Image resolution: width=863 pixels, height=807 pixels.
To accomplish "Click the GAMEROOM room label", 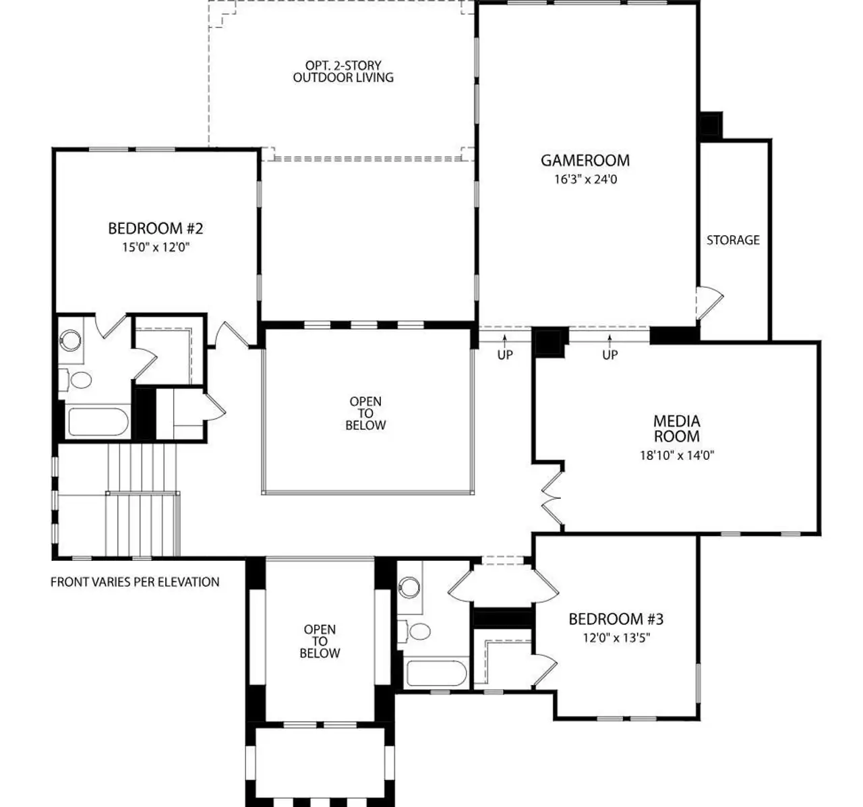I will pyautogui.click(x=585, y=160).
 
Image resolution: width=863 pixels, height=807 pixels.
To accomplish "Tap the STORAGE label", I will pyautogui.click(x=733, y=240).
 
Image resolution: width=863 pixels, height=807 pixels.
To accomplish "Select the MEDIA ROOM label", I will pyautogui.click(x=676, y=429).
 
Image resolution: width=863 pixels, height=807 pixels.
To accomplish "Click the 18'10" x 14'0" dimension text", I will pyautogui.click(x=676, y=455).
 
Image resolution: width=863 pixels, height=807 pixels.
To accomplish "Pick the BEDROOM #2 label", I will pyautogui.click(x=155, y=229).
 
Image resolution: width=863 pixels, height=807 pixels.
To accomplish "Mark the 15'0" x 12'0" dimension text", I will pyautogui.click(x=155, y=247).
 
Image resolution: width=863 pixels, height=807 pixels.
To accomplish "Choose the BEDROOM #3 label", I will pyautogui.click(x=616, y=619).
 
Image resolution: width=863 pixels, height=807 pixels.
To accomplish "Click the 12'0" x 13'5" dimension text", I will pyautogui.click(x=616, y=638).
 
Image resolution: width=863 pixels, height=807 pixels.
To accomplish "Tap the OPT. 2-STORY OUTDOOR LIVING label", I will pyautogui.click(x=343, y=71).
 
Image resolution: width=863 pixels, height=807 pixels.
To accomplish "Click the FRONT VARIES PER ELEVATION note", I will pyautogui.click(x=135, y=582).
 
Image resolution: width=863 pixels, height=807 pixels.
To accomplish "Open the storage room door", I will pyautogui.click(x=708, y=302).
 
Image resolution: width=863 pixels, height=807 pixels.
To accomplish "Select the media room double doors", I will pyautogui.click(x=552, y=498).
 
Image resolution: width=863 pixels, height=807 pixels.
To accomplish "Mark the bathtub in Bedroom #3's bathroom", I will pyautogui.click(x=436, y=674).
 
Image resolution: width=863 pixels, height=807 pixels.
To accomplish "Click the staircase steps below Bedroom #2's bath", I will pyautogui.click(x=142, y=499).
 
